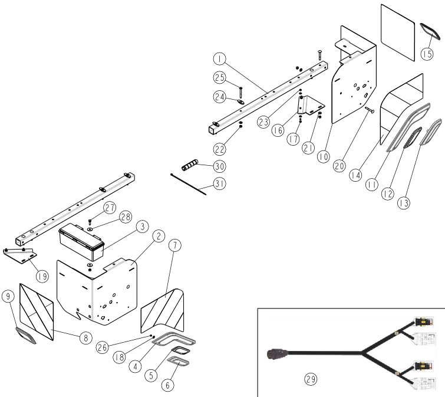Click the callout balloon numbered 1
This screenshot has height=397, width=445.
(x=219, y=59)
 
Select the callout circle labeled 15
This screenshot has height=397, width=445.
(x=427, y=54)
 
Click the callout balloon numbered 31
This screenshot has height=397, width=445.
(x=219, y=185)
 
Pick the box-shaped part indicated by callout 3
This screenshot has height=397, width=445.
(x=81, y=241)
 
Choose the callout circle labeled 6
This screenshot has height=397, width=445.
(x=168, y=385)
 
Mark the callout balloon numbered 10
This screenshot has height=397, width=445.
(x=323, y=156)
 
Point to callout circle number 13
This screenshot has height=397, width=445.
(x=404, y=203)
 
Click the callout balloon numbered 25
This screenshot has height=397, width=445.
(x=219, y=78)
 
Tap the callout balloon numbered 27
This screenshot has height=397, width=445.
(x=110, y=207)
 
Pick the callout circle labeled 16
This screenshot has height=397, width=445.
(x=278, y=131)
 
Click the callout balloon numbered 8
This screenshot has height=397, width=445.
(x=86, y=338)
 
